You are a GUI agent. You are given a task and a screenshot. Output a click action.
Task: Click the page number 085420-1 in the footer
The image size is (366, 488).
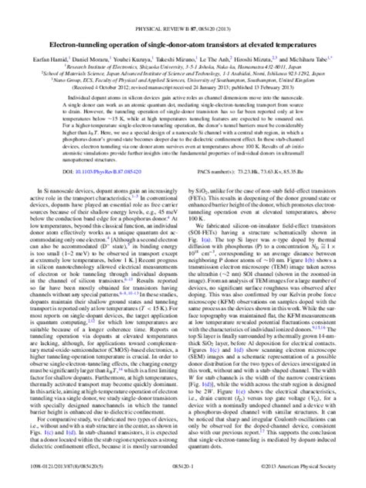[183, 479]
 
